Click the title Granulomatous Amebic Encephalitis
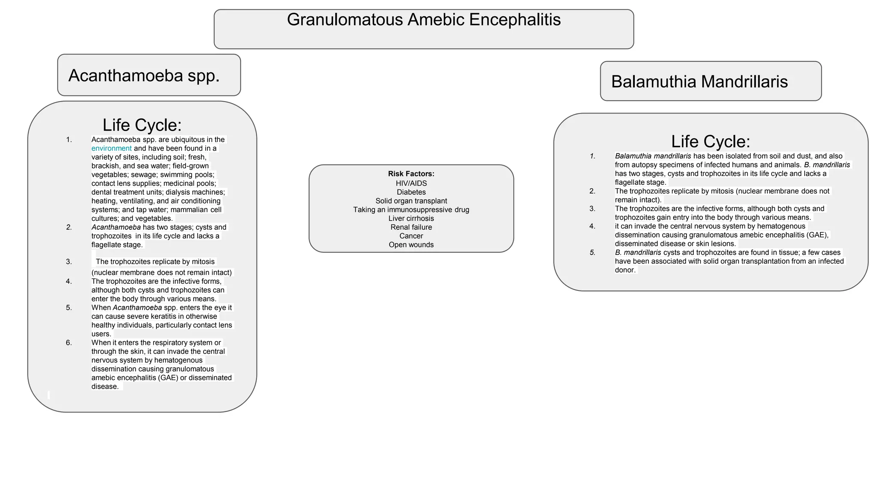pyautogui.click(x=423, y=20)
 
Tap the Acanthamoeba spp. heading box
pyautogui.click(x=149, y=75)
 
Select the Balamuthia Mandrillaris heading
pyautogui.click(x=699, y=82)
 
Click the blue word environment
pyautogui.click(x=112, y=148)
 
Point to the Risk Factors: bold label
pyautogui.click(x=411, y=174)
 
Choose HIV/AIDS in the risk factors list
pyautogui.click(x=411, y=183)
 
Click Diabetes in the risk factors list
pyautogui.click(x=411, y=192)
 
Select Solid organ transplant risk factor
pyautogui.click(x=411, y=201)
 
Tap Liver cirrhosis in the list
pyautogui.click(x=411, y=218)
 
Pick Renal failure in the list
pyautogui.click(x=411, y=227)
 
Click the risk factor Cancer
pyautogui.click(x=411, y=236)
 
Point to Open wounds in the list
pyautogui.click(x=411, y=245)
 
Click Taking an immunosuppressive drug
pyautogui.click(x=411, y=210)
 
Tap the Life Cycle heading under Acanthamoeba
pyautogui.click(x=142, y=125)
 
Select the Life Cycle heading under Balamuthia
pyautogui.click(x=710, y=142)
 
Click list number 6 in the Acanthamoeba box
pyautogui.click(x=69, y=343)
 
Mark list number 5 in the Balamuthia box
pyautogui.click(x=592, y=252)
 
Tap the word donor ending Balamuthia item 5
pyautogui.click(x=625, y=270)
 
